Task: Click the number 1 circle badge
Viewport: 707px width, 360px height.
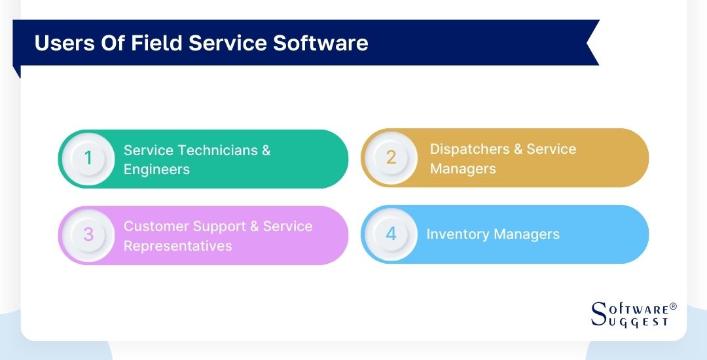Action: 88,158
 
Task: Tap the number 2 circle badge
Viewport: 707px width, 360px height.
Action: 391,158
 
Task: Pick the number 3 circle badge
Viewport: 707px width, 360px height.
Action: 88,235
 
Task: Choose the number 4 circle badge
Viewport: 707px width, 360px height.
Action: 391,234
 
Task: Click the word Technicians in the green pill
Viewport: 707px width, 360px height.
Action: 216,150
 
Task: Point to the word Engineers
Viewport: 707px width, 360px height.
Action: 156,169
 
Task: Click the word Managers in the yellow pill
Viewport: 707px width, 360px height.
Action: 463,168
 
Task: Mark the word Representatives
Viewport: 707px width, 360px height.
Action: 178,245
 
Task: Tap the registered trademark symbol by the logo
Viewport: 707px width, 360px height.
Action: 673,306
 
